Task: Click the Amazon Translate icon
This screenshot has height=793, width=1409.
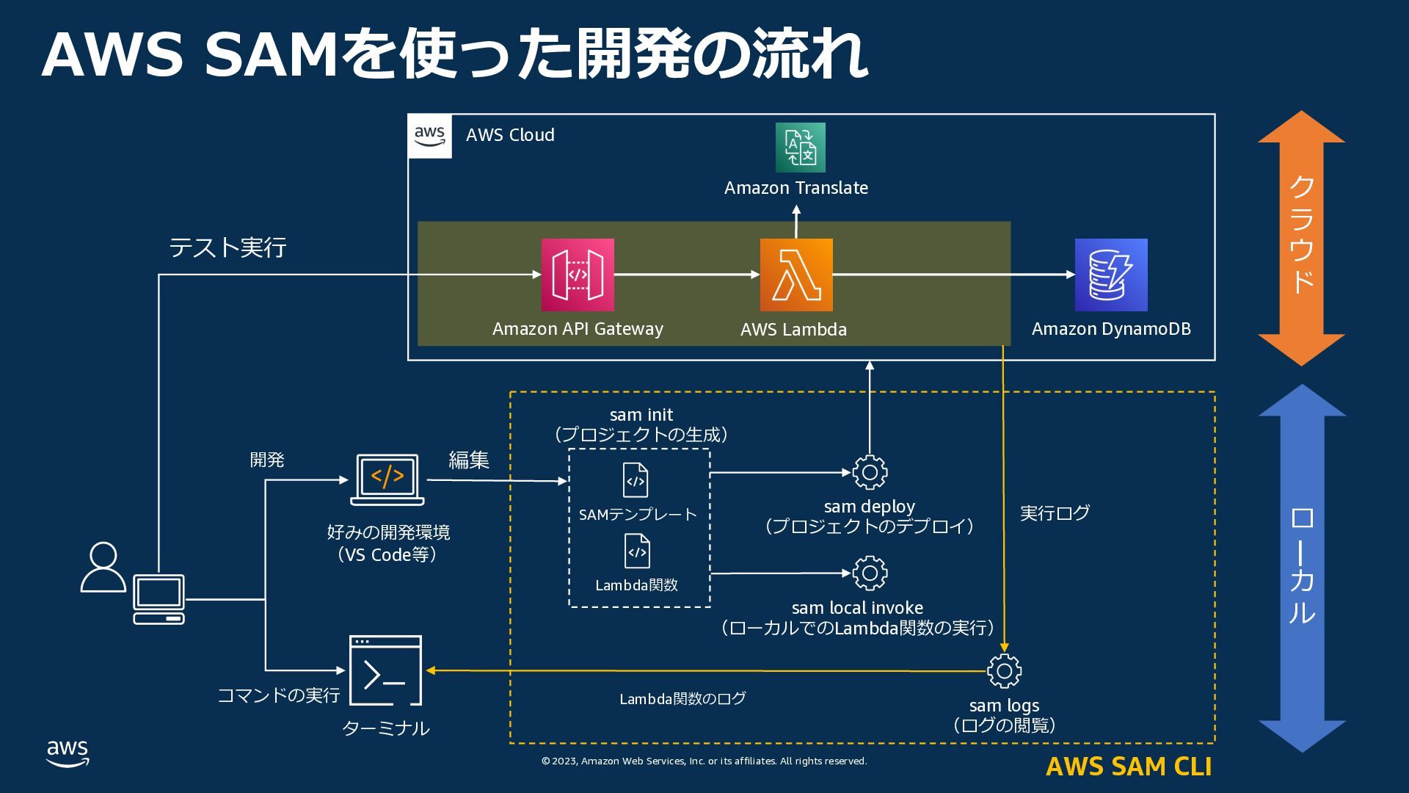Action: pos(800,148)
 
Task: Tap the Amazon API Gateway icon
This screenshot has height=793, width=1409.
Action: pos(578,275)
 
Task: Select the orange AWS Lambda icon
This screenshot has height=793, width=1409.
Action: pos(796,275)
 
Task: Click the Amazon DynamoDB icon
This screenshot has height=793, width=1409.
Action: pos(1111,275)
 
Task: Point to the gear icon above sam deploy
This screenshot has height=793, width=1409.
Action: pos(870,473)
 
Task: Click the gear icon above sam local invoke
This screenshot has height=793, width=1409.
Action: pos(870,573)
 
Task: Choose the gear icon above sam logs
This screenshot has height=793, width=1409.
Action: pos(1004,670)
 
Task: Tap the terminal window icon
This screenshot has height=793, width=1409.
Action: pos(386,670)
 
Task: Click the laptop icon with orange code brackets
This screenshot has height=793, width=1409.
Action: pos(387,479)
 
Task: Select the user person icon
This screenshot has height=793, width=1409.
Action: pos(103,567)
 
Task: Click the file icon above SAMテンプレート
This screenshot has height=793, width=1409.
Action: pos(636,480)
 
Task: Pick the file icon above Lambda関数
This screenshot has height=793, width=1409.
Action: pos(637,551)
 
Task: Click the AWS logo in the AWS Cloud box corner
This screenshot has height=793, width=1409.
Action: pos(429,136)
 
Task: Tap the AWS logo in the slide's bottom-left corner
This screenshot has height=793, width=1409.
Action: pos(68,753)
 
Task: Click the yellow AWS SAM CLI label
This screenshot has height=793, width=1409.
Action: pos(1129,766)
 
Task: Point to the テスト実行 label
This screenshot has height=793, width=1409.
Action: pos(227,247)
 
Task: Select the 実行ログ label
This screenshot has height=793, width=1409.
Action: pos(1055,513)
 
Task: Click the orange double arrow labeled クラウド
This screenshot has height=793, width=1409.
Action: pos(1301,238)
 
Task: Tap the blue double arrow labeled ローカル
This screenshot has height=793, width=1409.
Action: pos(1302,568)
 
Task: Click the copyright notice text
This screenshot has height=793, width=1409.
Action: pos(704,761)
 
